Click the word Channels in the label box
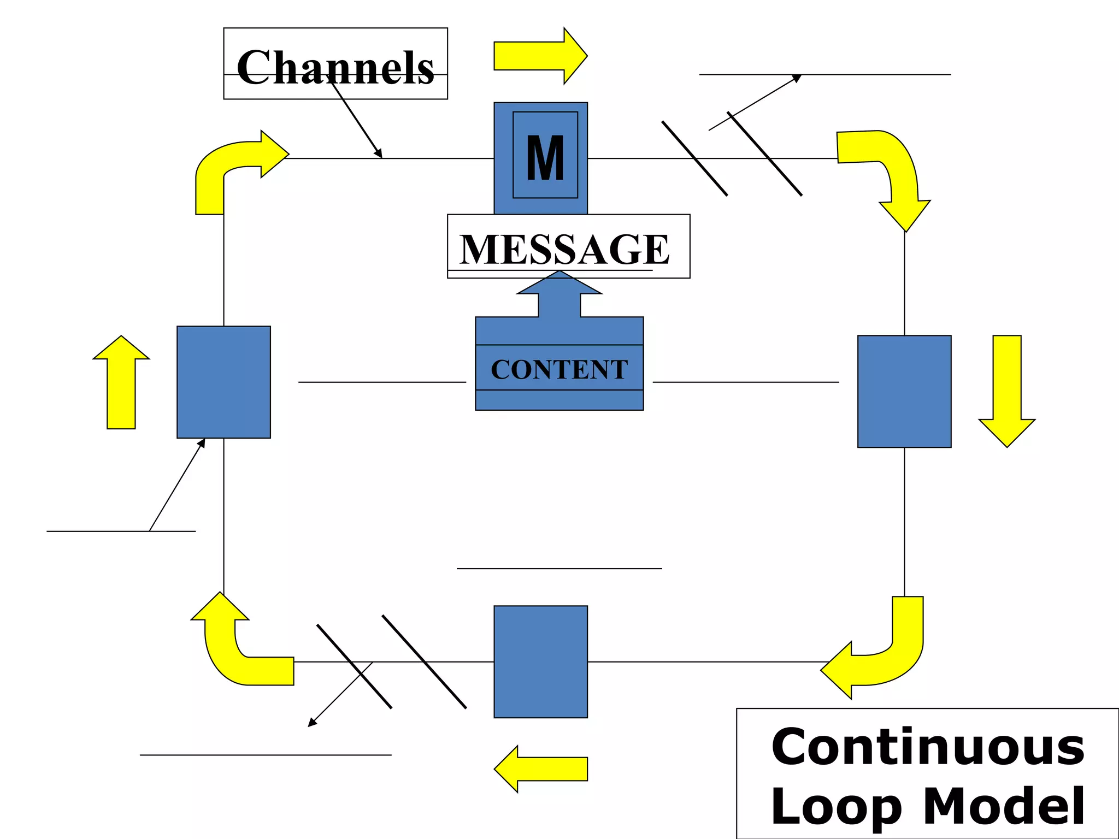coord(335,67)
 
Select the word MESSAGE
coord(564,249)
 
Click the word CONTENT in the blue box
coord(559,369)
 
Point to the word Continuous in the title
coord(927,747)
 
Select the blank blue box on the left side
coord(223,382)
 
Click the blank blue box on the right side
coord(904,391)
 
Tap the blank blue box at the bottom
coord(540,661)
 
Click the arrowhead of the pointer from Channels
coord(378,154)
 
